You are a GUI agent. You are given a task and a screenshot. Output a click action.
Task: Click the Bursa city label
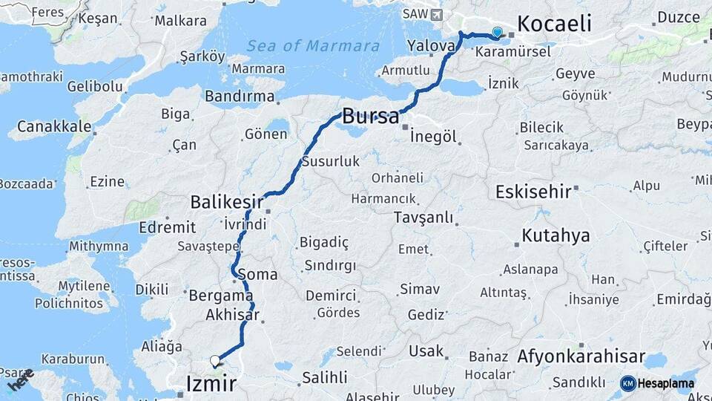tap(370, 116)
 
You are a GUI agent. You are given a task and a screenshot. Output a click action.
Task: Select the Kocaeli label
tap(554, 24)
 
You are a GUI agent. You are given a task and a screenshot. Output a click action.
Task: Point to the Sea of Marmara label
tap(313, 46)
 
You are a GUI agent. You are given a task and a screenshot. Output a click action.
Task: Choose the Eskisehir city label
tap(533, 191)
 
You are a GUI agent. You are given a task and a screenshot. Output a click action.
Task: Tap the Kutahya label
tap(556, 236)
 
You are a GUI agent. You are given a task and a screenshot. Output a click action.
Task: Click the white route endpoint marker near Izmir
tap(215, 361)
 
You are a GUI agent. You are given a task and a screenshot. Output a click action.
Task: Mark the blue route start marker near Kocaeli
tap(497, 32)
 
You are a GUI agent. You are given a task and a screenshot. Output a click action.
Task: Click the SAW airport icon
tap(435, 14)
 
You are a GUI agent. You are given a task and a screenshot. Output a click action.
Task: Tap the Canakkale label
tap(54, 126)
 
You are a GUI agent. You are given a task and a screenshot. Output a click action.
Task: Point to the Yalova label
tap(430, 46)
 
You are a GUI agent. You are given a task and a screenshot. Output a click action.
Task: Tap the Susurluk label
tap(330, 161)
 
